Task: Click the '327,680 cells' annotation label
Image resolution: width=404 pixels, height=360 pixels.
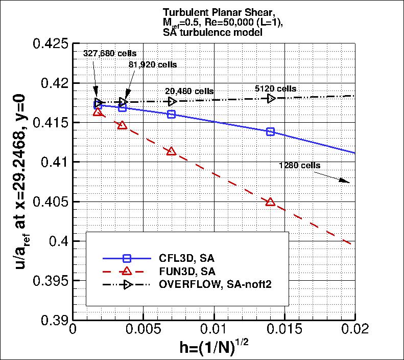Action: [x=109, y=53]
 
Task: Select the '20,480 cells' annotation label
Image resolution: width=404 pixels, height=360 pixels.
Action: [x=189, y=91]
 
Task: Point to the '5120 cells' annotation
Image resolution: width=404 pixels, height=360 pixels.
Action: [x=275, y=89]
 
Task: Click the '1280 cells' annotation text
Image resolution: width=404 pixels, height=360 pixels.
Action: [x=299, y=165]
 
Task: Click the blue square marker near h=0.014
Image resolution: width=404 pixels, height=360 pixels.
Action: [x=270, y=132]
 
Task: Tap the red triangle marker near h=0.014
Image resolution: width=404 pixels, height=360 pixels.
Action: [x=270, y=202]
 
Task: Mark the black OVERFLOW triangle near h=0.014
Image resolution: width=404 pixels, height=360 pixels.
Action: [x=271, y=98]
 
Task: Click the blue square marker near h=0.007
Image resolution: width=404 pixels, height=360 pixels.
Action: [x=172, y=115]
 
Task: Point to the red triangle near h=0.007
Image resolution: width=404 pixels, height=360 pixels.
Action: [x=172, y=151]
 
